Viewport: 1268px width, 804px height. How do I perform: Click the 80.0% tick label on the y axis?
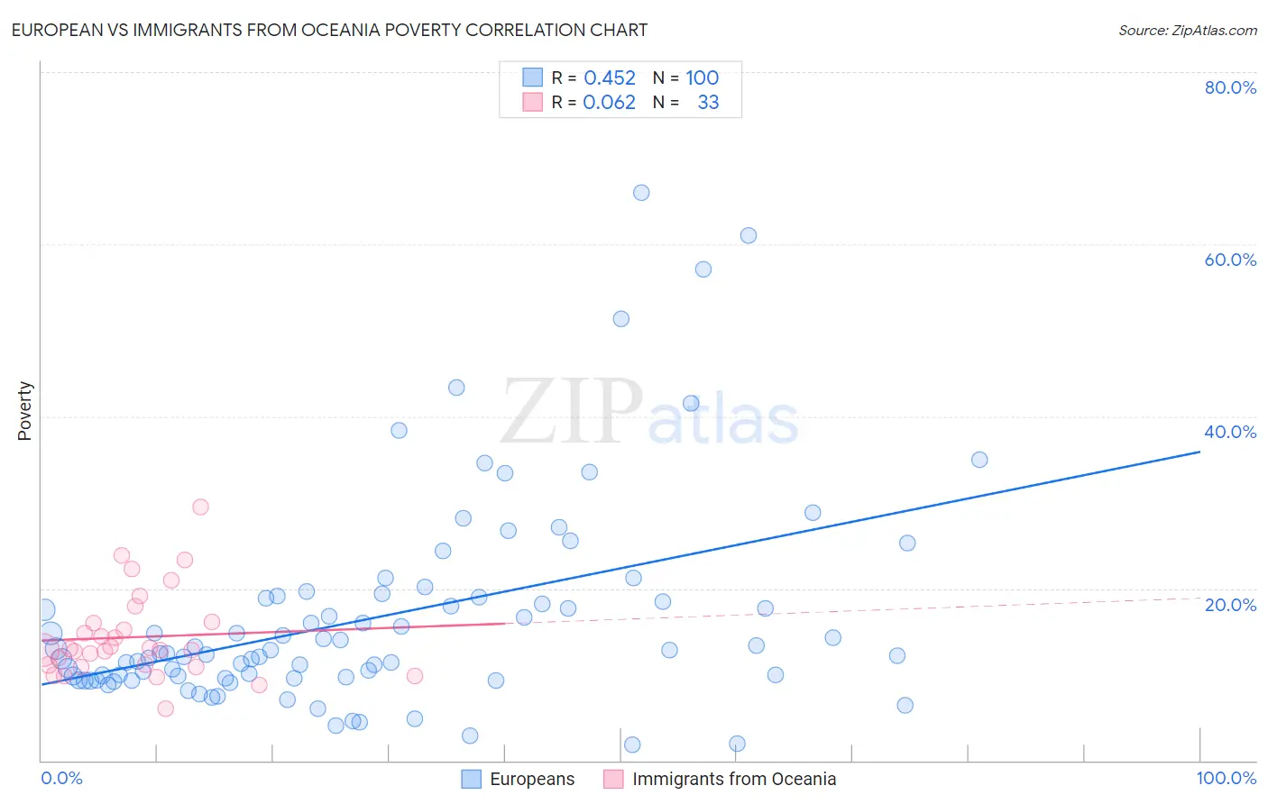[x=1230, y=87]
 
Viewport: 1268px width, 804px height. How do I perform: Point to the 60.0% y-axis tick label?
[x=1230, y=260]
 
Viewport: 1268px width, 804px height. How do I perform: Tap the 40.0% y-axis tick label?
[x=1230, y=432]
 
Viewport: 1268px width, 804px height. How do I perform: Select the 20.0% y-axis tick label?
[x=1230, y=604]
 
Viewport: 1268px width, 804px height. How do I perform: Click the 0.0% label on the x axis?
[x=61, y=778]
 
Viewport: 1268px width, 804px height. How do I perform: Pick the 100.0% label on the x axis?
[x=1226, y=778]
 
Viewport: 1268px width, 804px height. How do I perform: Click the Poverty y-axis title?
[x=24, y=411]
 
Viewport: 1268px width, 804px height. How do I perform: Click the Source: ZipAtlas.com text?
[x=1187, y=30]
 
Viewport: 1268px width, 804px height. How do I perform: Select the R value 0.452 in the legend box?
[x=610, y=78]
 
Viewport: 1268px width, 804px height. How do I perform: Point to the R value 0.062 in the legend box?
[x=610, y=102]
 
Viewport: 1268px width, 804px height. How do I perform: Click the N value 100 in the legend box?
[x=702, y=78]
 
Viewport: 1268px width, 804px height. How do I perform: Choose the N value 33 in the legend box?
[x=708, y=102]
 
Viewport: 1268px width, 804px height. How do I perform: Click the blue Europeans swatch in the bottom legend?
[x=471, y=779]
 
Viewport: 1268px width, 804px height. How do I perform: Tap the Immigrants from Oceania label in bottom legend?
[x=734, y=779]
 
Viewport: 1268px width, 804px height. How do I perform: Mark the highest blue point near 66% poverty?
[x=641, y=192]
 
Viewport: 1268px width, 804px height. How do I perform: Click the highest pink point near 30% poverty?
[x=200, y=507]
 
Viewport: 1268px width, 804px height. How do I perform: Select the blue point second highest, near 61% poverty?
[x=749, y=235]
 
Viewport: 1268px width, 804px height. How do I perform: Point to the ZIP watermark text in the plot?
[x=572, y=412]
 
